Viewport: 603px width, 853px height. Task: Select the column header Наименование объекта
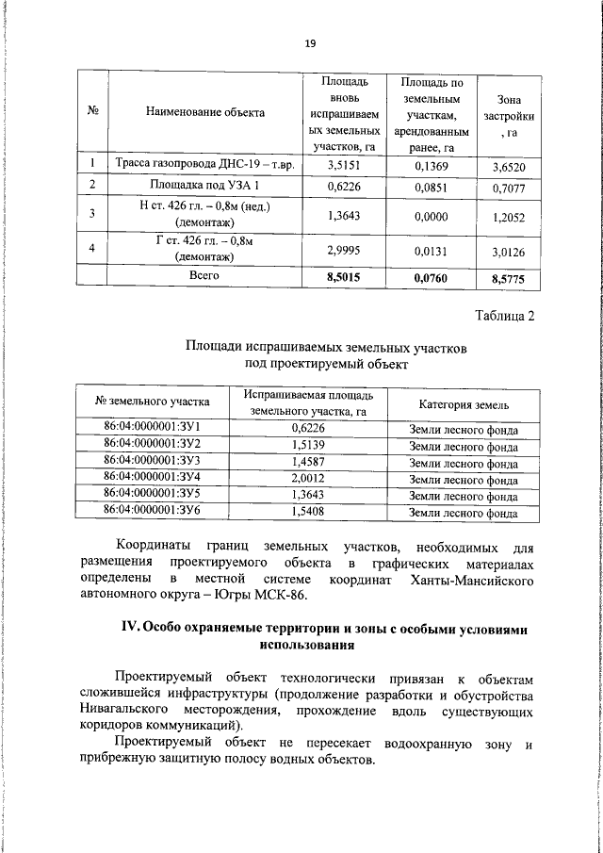coord(205,113)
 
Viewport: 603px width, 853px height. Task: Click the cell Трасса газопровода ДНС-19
coord(205,164)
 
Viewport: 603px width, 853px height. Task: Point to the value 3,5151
coord(344,165)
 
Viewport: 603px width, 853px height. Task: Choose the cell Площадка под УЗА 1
coord(205,186)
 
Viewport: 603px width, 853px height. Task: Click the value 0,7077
coord(508,188)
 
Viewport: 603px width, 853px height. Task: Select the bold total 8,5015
coord(344,277)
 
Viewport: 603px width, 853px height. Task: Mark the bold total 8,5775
coord(508,278)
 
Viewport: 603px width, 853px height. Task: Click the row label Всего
coord(205,275)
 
